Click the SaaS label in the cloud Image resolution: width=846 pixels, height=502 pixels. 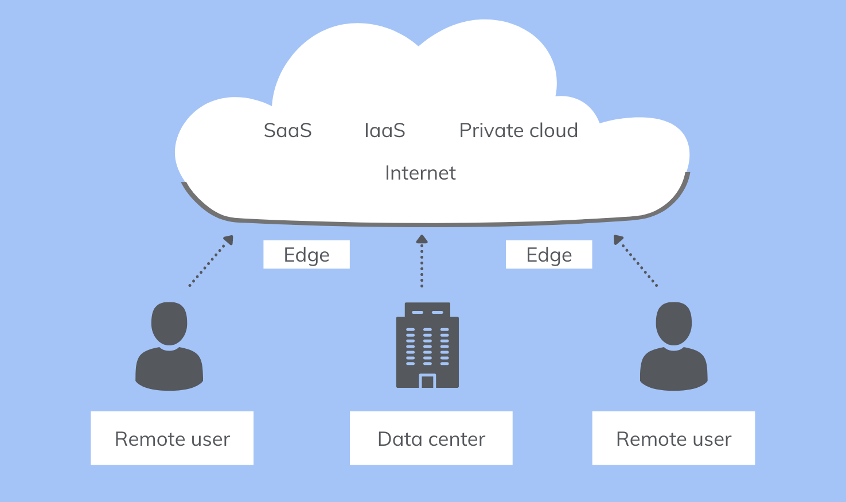pos(287,131)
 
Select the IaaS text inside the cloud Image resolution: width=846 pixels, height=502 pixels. pos(385,131)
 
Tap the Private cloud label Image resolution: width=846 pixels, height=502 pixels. pos(518,131)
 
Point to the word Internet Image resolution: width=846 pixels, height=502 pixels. pos(420,173)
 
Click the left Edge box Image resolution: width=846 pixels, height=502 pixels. pos(306,255)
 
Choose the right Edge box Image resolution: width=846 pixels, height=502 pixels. pos(549,255)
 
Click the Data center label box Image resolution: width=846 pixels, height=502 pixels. pos(431,438)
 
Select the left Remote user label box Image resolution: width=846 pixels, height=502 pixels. pos(172,438)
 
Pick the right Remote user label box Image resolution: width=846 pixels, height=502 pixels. pos(673,438)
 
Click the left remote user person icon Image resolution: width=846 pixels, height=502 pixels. pos(169,347)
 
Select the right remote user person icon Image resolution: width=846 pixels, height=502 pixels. pos(674,347)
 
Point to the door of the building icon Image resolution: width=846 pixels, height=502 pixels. pos(427,381)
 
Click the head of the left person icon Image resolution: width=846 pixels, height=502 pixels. pos(169,323)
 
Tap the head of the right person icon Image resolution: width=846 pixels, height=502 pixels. pos(674,323)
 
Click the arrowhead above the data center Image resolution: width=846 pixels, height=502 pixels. pos(422,239)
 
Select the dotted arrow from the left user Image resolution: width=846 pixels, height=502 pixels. pos(210,261)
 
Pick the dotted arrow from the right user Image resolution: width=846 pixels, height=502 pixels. pos(636,261)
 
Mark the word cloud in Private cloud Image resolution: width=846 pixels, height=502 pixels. pos(553,131)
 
